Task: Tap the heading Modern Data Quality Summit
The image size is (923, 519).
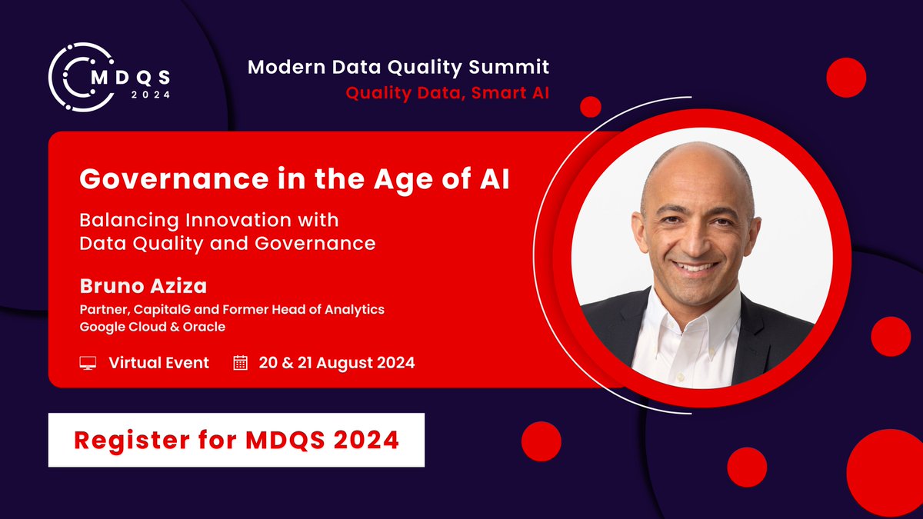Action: pos(398,68)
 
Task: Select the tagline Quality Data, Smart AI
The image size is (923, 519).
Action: pos(448,93)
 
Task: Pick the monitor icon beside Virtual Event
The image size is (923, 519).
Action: pos(88,363)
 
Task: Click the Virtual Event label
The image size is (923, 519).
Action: pos(158,363)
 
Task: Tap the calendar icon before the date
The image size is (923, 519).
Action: pos(241,363)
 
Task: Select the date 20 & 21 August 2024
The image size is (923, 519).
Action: pos(337,363)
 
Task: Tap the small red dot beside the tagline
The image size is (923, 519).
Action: pos(590,107)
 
